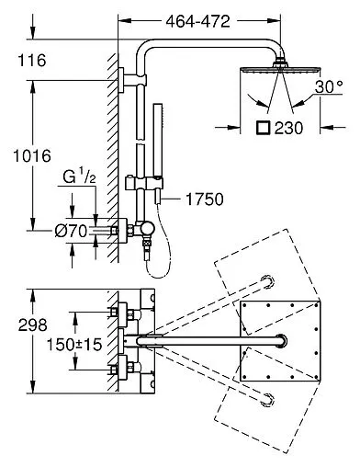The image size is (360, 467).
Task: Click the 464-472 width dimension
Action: tap(197, 21)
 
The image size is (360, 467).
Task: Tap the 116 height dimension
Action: tap(32, 60)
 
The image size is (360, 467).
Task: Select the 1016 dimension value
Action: tap(32, 156)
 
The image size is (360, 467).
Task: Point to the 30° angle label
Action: tap(329, 86)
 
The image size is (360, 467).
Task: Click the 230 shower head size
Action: tap(288, 128)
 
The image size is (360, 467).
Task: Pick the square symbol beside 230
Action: tap(263, 128)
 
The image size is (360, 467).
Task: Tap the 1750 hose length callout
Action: tap(205, 199)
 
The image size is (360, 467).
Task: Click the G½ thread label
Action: tap(79, 177)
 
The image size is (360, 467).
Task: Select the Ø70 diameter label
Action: tap(71, 231)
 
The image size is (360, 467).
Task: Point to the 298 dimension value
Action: tap(32, 325)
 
